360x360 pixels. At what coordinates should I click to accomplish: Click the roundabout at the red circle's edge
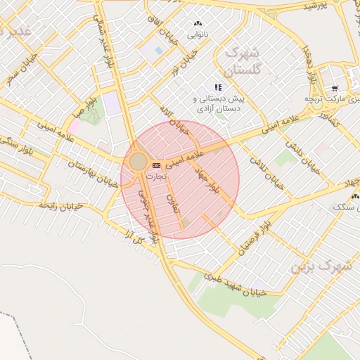click(x=139, y=162)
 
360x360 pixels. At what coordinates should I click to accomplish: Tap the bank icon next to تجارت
click(x=156, y=165)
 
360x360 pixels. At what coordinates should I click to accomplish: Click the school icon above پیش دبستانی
click(x=218, y=87)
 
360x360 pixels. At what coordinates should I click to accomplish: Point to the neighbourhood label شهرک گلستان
click(x=241, y=62)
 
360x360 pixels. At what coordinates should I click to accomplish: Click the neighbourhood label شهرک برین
click(x=314, y=267)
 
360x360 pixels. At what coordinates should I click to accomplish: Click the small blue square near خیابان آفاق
click(x=157, y=51)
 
